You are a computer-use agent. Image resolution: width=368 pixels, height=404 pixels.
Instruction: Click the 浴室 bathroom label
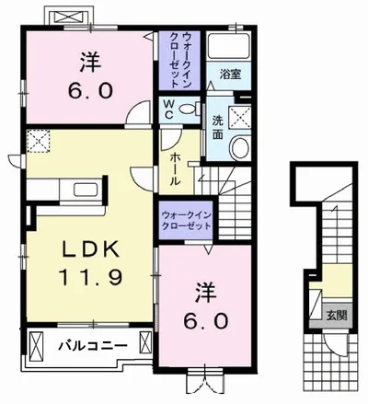coord(230,75)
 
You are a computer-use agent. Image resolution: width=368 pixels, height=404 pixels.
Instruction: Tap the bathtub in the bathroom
coord(229,46)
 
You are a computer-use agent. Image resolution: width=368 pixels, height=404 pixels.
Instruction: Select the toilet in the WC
coord(188,109)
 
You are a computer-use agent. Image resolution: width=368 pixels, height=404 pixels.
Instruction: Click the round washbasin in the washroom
coord(240,148)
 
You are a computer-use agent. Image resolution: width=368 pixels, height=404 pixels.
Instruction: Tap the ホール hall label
coord(174,169)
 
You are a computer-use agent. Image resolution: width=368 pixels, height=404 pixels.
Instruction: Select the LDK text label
coord(91,249)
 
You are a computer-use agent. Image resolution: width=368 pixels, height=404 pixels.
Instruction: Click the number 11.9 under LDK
coord(91,277)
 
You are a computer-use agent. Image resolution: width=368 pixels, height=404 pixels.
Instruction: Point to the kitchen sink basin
coord(86,190)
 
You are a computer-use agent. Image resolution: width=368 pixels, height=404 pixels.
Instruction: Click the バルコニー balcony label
coord(93,346)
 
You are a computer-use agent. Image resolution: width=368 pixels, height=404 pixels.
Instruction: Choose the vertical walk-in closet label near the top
coord(180,61)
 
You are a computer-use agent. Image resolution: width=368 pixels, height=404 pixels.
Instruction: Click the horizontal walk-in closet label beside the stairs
coord(187,220)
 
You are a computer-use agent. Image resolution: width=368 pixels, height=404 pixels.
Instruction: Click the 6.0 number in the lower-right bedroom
coord(206,321)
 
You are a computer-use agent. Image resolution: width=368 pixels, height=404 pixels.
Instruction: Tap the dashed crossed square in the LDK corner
coord(39,141)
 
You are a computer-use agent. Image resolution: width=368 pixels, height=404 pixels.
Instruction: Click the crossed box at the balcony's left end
coord(37,347)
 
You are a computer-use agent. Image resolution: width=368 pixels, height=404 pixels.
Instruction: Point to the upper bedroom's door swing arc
coord(135,108)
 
